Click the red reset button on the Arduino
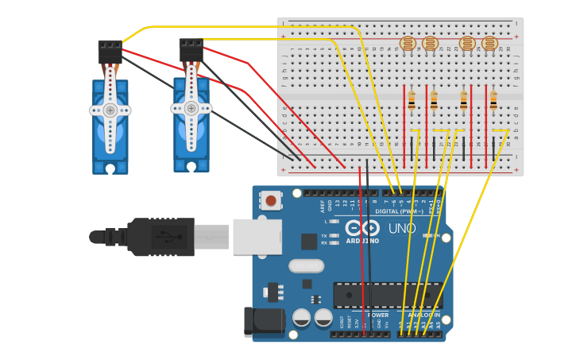pos(271,200)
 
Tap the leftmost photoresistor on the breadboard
pos(408,44)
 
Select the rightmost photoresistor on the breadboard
pos(490,44)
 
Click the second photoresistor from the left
pos(430,44)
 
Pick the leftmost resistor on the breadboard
pos(412,101)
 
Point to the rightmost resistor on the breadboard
pos(493,101)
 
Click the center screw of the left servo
pos(110,110)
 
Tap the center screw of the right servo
pos(191,108)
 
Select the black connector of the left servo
pos(110,52)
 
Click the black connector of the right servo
pos(191,50)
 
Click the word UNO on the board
pos(401,229)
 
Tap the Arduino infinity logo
pos(362,230)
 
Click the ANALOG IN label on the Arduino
pos(423,315)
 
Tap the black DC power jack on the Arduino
pos(264,322)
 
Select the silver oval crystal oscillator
pos(306,265)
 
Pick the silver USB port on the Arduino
pos(257,237)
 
